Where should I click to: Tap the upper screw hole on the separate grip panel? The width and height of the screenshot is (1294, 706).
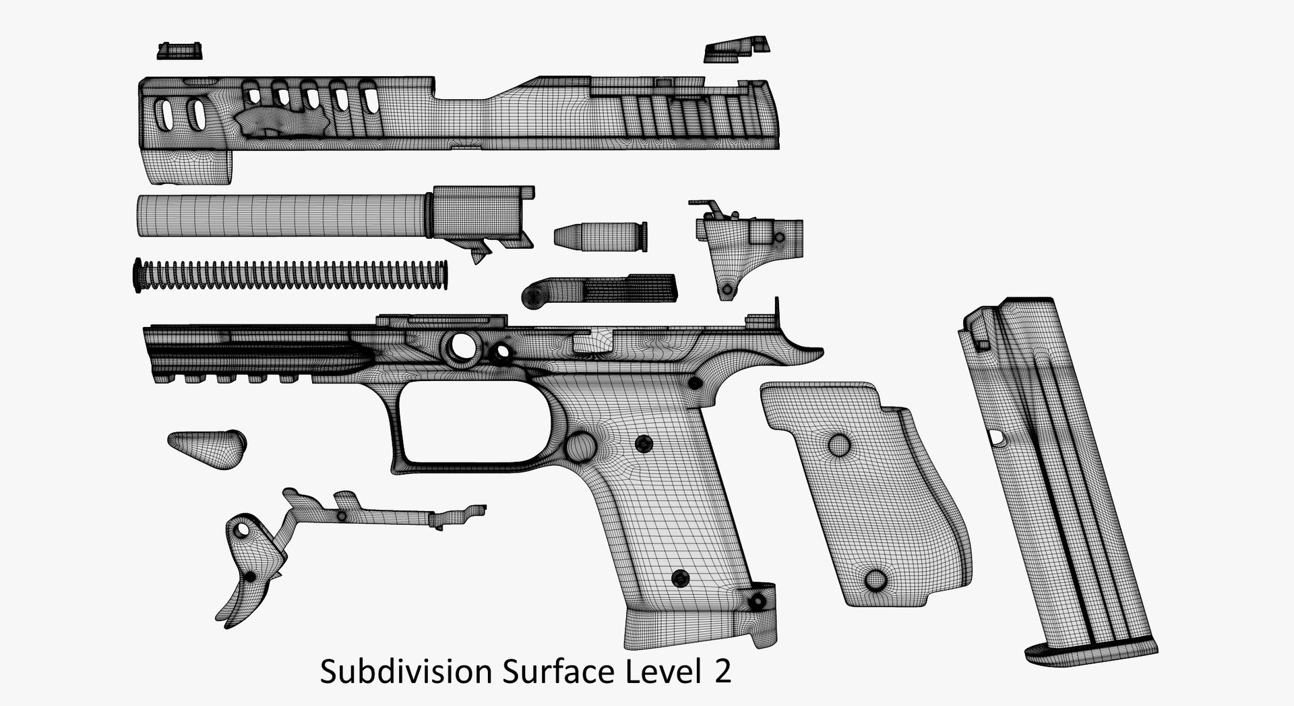(x=839, y=444)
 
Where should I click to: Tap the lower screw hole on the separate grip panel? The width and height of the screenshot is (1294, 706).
(x=875, y=579)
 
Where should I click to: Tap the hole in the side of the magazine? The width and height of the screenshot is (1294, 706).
(x=997, y=438)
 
